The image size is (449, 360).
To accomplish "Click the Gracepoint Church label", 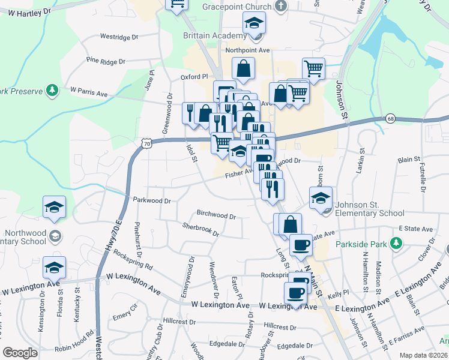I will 238,5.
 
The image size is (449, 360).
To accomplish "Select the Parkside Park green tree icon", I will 396,243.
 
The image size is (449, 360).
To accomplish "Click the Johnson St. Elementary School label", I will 370,209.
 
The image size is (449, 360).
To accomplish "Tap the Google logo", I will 20,353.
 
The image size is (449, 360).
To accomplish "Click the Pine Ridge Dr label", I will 106,61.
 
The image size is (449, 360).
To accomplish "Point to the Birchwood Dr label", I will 216,214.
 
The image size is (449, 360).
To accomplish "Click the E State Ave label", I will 415,229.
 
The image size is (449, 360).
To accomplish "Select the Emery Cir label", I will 125,316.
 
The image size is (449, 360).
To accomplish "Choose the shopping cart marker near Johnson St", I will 313,70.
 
